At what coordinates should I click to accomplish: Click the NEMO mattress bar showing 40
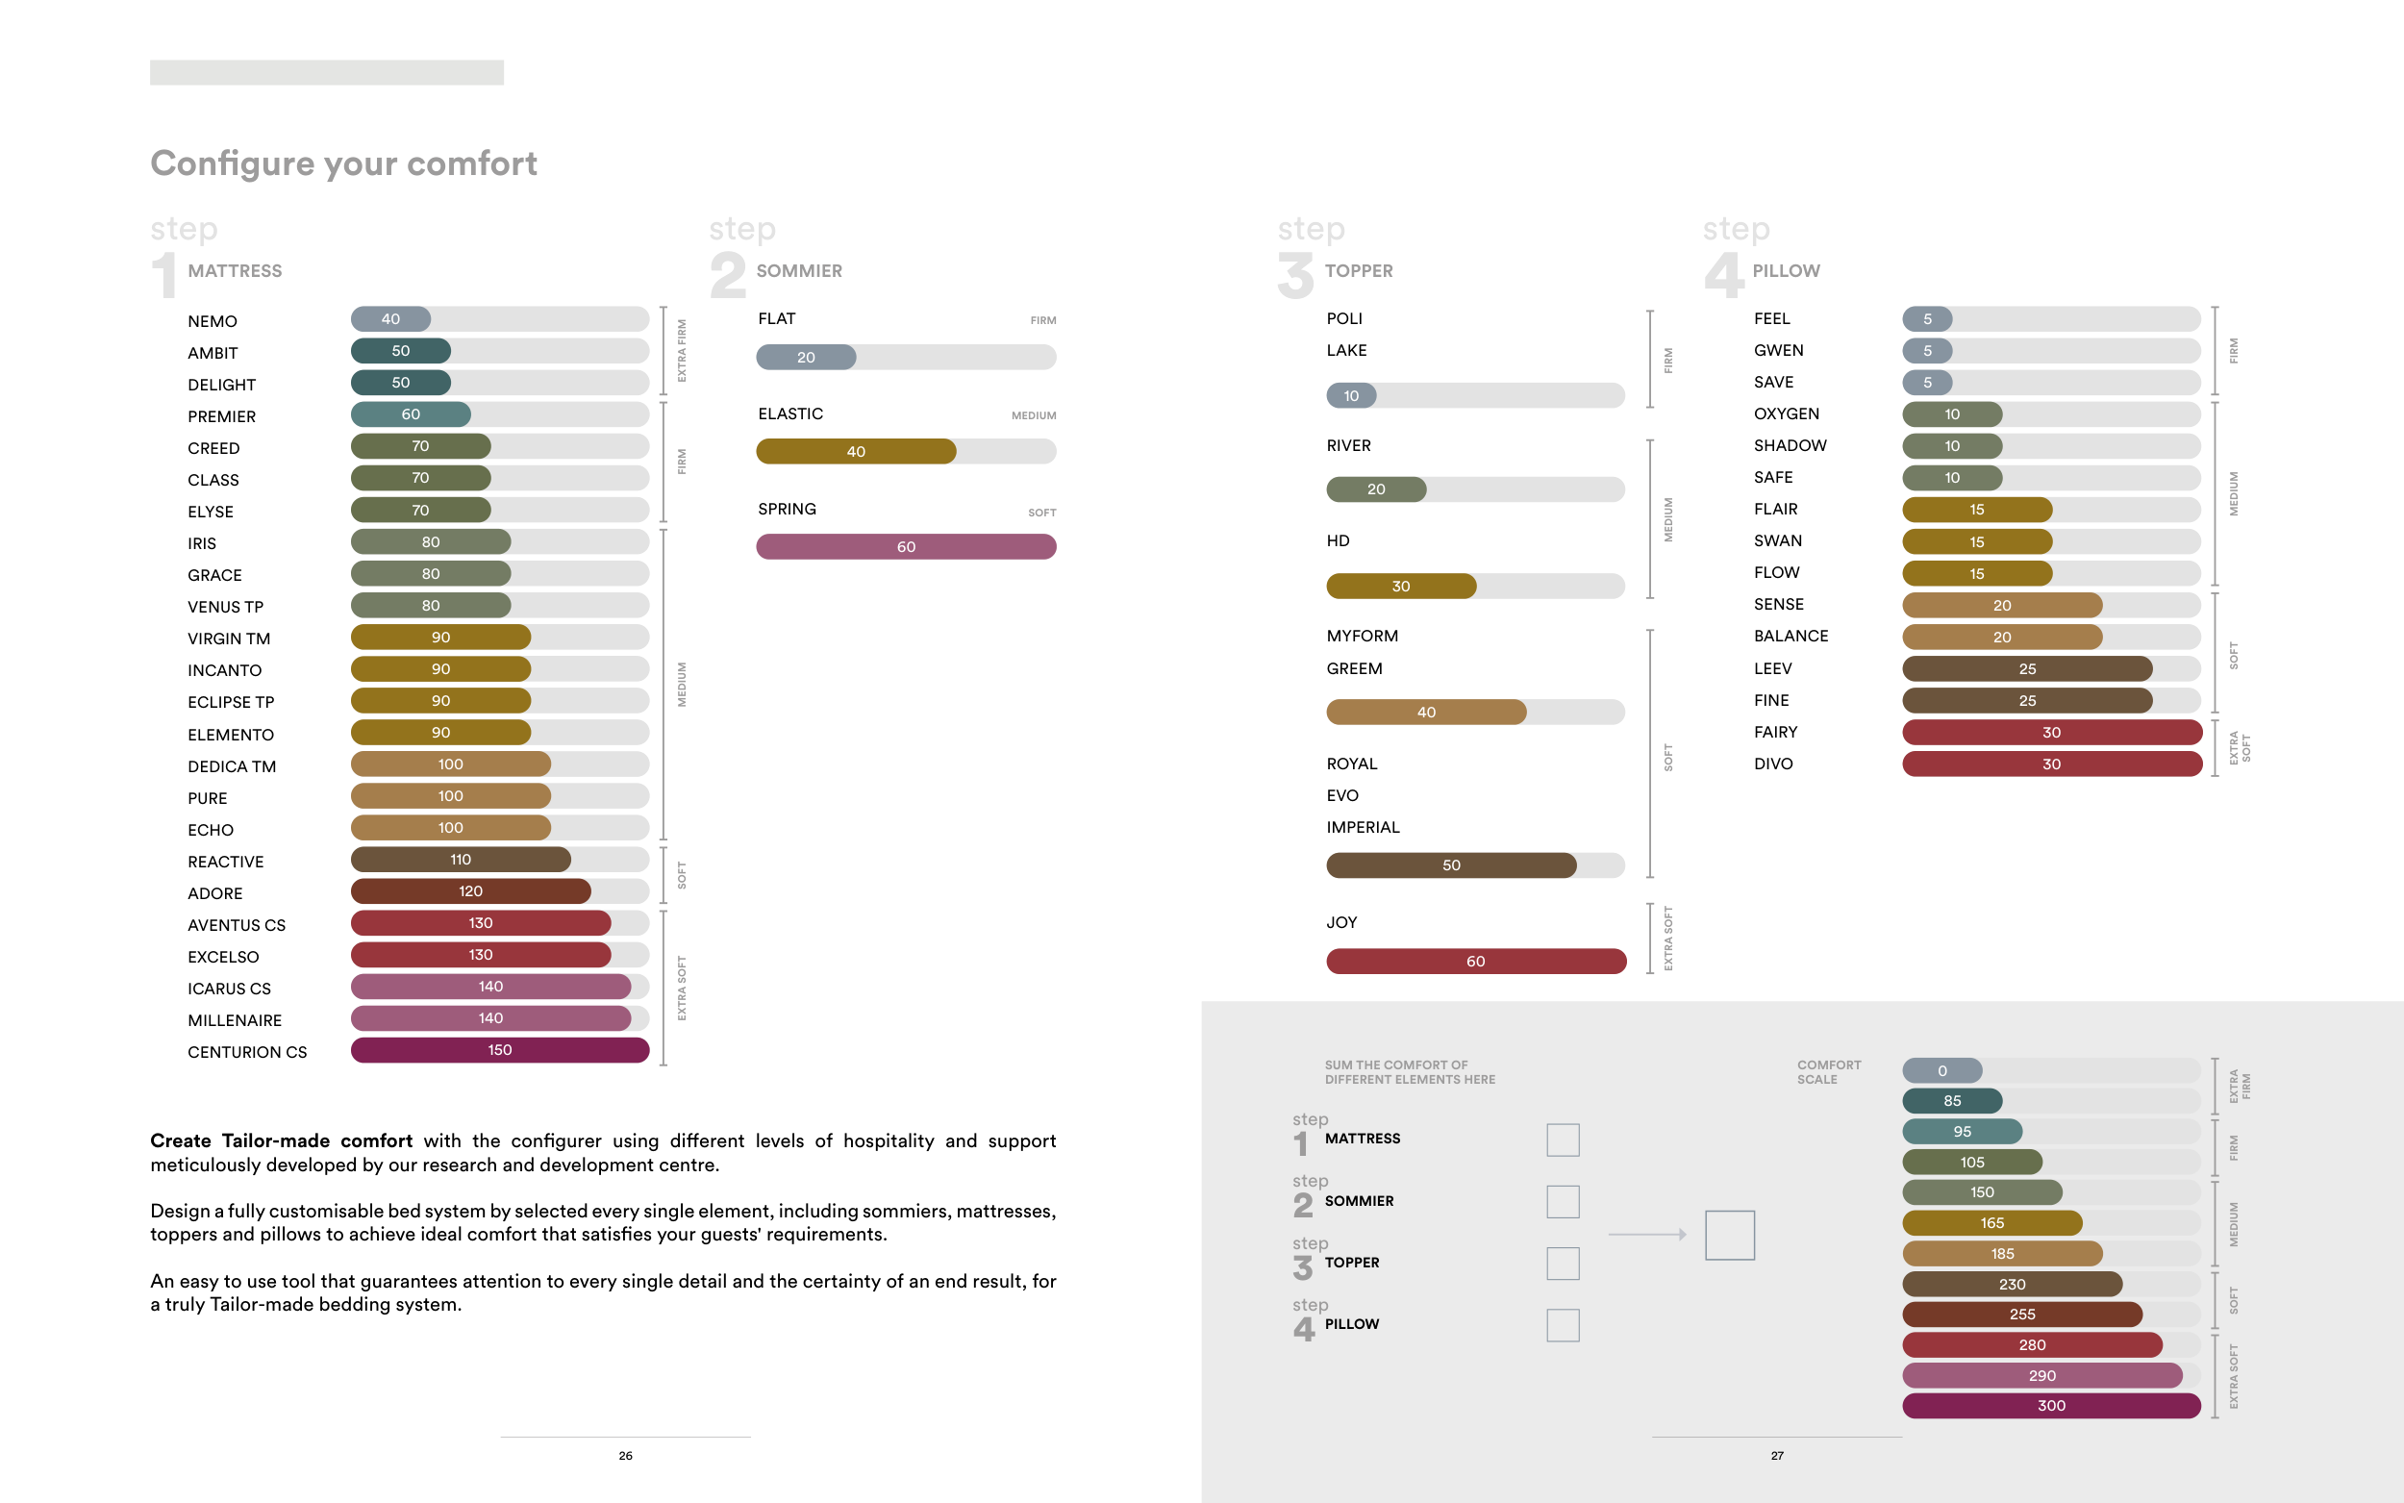[x=390, y=319]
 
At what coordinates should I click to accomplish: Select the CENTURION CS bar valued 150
[x=500, y=1050]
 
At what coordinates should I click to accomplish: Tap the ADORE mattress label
[x=214, y=893]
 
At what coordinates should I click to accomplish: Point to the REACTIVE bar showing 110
[x=461, y=860]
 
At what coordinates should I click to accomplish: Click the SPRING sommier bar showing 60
[x=906, y=547]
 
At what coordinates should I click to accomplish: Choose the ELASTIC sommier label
[x=790, y=413]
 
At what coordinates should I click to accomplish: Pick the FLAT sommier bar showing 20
[x=806, y=357]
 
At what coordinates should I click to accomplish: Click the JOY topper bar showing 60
[x=1475, y=962]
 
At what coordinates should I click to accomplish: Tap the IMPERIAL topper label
[x=1363, y=827]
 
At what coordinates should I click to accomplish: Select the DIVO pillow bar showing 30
[x=2051, y=764]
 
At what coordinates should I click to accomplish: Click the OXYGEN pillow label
[x=1786, y=413]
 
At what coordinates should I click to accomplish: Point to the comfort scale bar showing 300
[x=2051, y=1406]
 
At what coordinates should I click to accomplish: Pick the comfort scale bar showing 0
[x=1941, y=1070]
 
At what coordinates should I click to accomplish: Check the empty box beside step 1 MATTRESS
[x=1563, y=1140]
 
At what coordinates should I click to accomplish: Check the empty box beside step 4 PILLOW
[x=1563, y=1325]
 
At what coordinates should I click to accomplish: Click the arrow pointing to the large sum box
[x=1646, y=1235]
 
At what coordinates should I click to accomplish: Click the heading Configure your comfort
[x=344, y=163]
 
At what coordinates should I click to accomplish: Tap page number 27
[x=1777, y=1455]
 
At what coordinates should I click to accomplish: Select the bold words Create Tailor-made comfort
[x=281, y=1141]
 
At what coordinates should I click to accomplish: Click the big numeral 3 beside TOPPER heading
[x=1295, y=275]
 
